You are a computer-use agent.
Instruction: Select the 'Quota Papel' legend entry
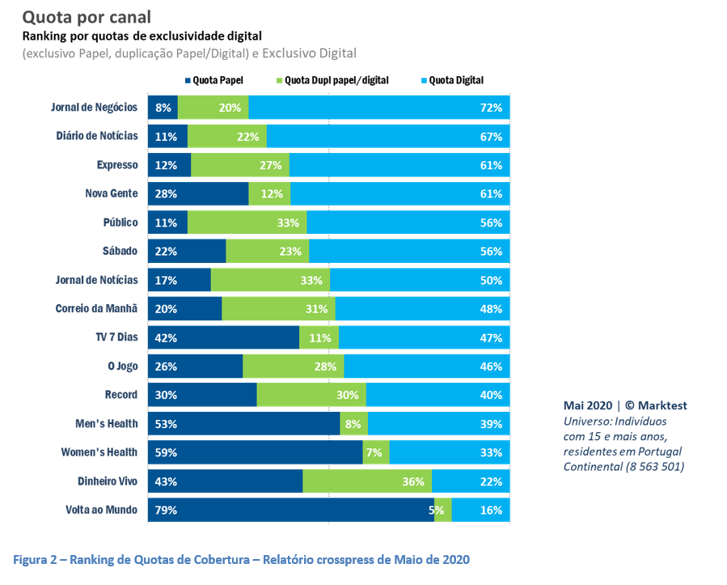[x=214, y=80]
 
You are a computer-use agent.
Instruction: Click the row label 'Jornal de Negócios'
[x=95, y=108]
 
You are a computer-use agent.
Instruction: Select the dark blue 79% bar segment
[x=290, y=510]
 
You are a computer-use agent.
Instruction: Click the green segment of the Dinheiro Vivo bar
[x=367, y=481]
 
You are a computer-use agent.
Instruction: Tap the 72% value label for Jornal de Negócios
[x=491, y=108]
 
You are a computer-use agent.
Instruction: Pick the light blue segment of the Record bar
[x=437, y=395]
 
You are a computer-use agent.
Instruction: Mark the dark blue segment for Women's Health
[x=255, y=452]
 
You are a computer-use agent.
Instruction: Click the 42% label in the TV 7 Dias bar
[x=167, y=337]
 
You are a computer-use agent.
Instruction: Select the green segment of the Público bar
[x=247, y=223]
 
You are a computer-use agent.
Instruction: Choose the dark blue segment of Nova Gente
[x=198, y=194]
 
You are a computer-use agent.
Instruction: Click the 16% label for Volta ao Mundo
[x=491, y=510]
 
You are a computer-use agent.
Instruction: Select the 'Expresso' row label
[x=116, y=165]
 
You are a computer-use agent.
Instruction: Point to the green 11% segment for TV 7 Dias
[x=319, y=337]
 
